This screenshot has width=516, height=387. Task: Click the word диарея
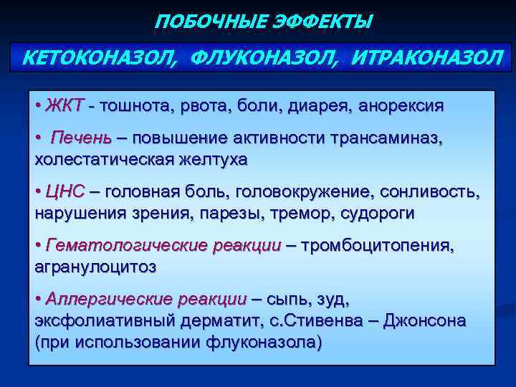click(x=311, y=106)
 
